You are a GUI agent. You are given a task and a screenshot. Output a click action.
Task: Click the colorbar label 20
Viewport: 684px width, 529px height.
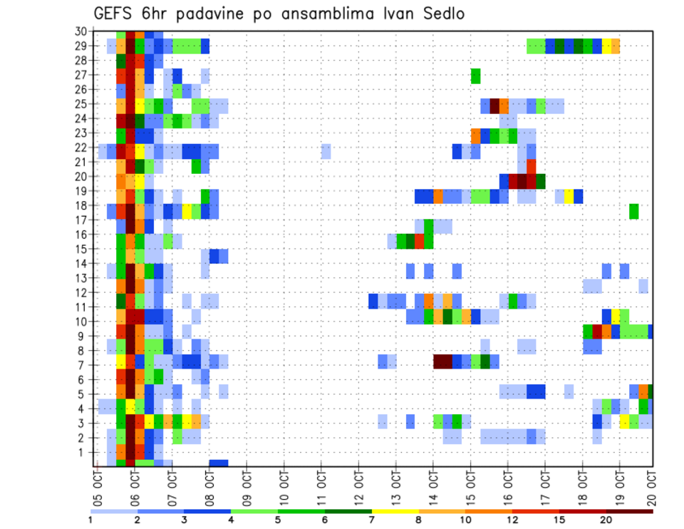coord(606,520)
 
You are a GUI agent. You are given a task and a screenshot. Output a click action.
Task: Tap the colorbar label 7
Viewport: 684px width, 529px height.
coord(372,520)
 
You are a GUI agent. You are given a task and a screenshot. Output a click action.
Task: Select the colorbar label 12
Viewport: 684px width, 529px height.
coord(512,520)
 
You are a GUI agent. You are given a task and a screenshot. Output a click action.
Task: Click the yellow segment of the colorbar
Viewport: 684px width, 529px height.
coord(395,512)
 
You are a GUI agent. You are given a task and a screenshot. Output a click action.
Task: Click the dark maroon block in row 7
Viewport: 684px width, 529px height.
coord(442,361)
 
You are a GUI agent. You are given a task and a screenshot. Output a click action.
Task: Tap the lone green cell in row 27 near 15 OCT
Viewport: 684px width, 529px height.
coord(475,76)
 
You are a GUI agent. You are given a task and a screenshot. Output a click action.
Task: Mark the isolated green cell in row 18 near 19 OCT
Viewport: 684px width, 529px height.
coord(633,211)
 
